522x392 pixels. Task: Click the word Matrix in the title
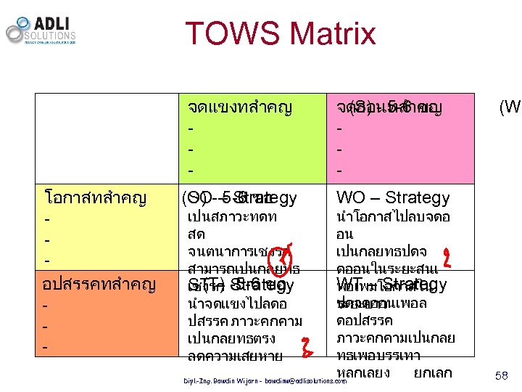coord(330,34)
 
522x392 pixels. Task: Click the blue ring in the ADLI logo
coord(24,22)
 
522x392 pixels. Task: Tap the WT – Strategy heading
coord(391,283)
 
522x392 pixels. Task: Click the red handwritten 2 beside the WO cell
coord(447,256)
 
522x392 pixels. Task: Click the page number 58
coord(501,375)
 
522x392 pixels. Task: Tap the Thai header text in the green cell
coord(239,108)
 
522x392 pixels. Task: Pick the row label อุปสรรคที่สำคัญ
coord(100,284)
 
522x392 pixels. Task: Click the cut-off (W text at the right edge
coord(510,108)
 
